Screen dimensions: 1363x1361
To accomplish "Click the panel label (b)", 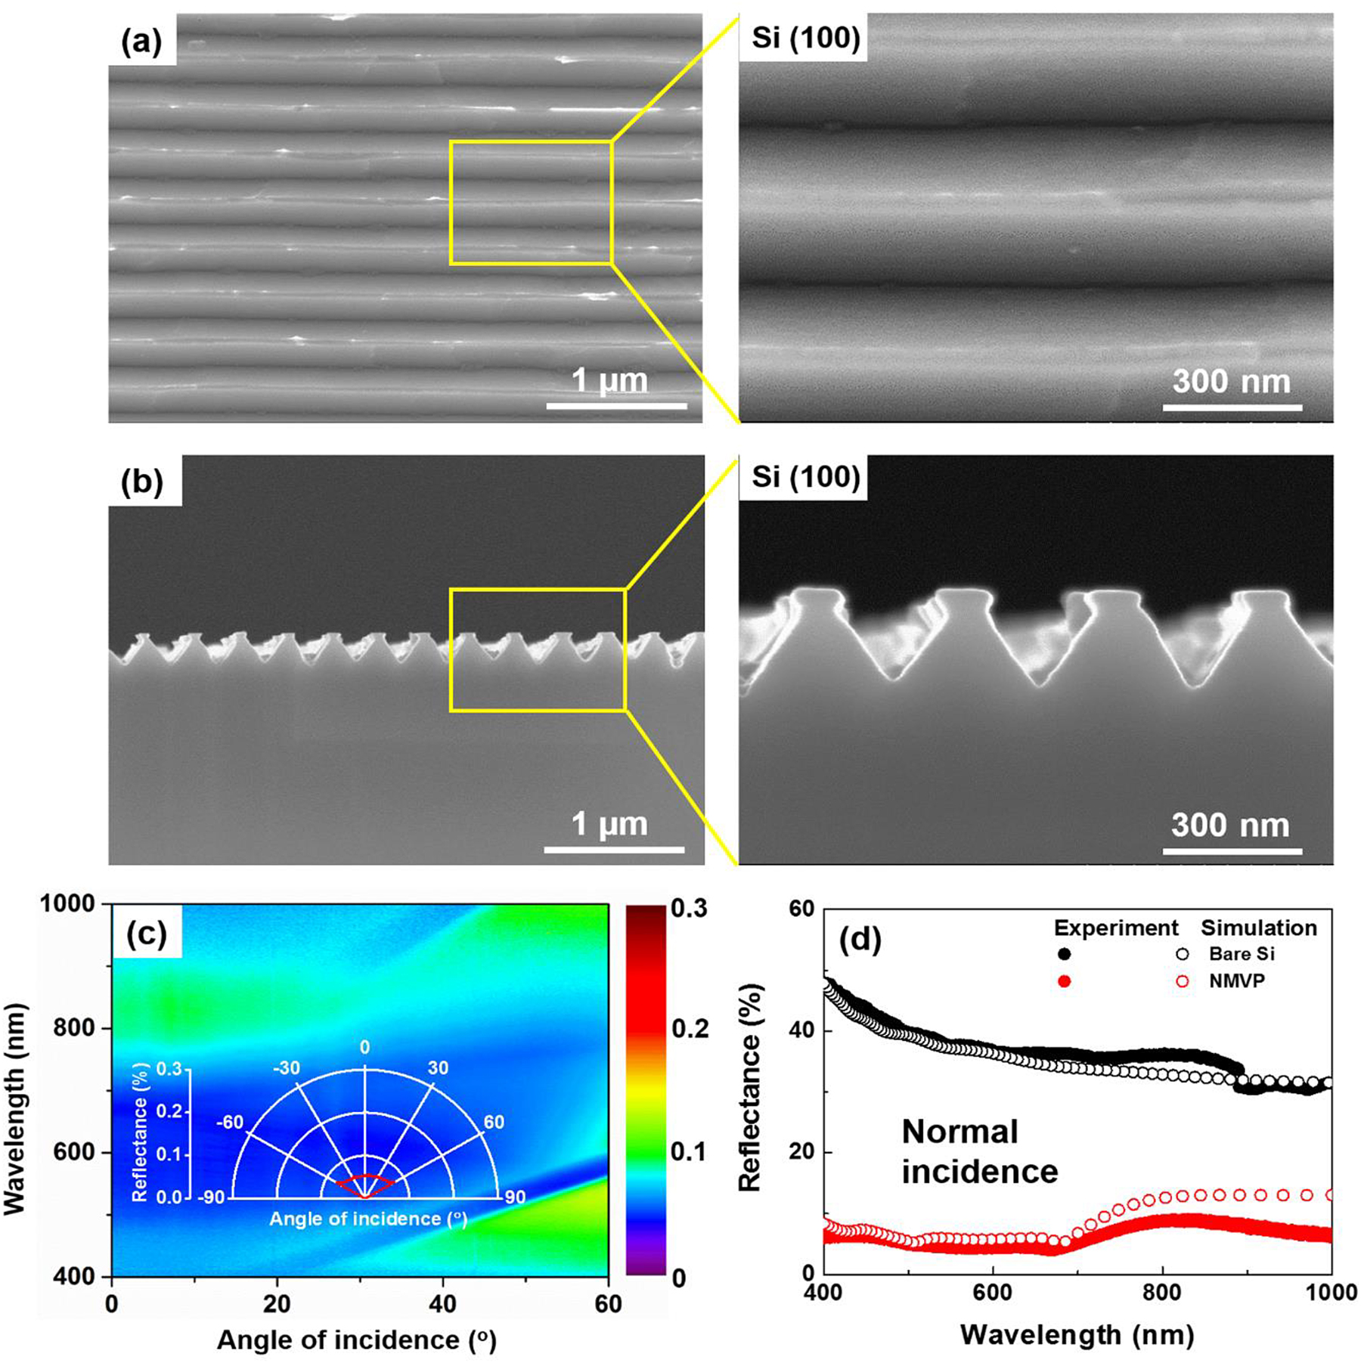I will [142, 482].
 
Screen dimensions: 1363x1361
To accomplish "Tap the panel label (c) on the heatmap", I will [146, 935].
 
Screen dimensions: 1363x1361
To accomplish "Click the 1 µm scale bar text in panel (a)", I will [609, 380].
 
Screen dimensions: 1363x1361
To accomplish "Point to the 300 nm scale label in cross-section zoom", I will [1230, 825].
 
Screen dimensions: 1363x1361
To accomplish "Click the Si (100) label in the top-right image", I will [805, 37].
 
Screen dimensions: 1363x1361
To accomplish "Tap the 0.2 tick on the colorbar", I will [689, 1029].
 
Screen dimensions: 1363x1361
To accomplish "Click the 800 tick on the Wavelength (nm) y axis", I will [79, 1028].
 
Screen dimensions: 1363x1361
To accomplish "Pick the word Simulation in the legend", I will [1259, 928].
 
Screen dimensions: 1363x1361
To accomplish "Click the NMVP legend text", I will [1237, 981].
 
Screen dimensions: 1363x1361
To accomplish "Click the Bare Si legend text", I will [1242, 954].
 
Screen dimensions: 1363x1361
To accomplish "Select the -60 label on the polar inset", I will [230, 1122].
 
